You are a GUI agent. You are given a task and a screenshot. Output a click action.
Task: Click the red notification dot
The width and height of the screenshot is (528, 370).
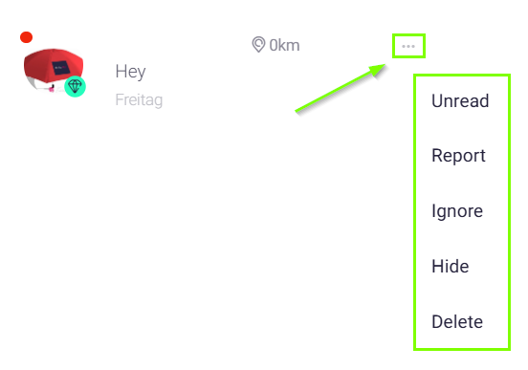coord(26,37)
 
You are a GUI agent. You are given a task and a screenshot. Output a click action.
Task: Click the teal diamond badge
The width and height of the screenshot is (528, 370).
coord(75,86)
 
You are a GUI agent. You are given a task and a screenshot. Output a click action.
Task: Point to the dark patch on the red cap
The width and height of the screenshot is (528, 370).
coord(61,68)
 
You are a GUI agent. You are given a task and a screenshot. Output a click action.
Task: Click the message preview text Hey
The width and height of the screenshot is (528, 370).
coord(130,72)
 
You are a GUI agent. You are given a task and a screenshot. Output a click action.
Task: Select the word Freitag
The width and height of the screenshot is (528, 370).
coord(139,100)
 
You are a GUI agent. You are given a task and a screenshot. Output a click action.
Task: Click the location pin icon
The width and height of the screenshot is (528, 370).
coord(258,44)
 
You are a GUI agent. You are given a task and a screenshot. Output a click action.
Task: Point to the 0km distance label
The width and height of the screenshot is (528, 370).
coord(284,45)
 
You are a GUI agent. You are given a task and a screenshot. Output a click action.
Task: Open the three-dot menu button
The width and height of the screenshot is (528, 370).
coord(408,46)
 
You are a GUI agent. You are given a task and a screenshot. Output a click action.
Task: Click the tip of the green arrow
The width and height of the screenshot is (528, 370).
coord(385,64)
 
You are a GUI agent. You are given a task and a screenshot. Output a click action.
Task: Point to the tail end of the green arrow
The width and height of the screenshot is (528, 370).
coord(296,111)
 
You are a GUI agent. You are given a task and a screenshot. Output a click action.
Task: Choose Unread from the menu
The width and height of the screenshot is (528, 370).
coord(460,100)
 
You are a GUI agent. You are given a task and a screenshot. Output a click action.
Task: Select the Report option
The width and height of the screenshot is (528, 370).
coord(458,156)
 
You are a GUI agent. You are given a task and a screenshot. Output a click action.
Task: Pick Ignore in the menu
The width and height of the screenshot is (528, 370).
coord(457,211)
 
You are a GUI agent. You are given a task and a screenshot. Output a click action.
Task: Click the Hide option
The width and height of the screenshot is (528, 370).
coord(451,267)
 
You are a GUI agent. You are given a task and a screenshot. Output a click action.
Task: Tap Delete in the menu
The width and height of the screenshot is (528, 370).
coord(457,321)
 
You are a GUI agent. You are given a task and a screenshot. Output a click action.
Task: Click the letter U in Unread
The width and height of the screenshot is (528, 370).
coord(437,100)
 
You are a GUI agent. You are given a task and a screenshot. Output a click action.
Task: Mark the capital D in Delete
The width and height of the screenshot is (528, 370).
coord(438,321)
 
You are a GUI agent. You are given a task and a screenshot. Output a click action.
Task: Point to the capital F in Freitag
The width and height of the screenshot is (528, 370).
coord(120,100)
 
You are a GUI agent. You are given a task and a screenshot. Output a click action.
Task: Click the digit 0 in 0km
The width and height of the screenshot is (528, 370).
coord(274,45)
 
